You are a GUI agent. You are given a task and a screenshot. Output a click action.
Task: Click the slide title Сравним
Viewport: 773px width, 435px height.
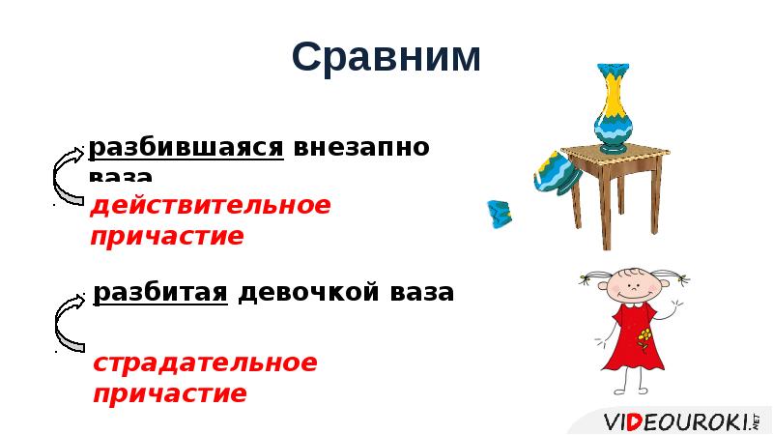pos(386,58)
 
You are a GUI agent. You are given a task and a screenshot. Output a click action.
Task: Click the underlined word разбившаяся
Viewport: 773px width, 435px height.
pos(186,148)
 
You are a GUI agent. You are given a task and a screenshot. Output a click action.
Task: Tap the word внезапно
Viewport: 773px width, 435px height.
pos(361,148)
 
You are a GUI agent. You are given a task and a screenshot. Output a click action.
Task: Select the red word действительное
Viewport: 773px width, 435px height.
pos(210,206)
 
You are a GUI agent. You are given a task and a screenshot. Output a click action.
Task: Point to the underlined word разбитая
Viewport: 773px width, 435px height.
pos(160,292)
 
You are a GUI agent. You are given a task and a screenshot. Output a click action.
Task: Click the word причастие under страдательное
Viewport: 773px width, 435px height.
pos(169,394)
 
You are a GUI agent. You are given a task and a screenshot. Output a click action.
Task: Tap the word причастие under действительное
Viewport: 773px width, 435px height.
pos(167,237)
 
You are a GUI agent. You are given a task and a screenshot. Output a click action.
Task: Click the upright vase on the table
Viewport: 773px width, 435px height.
pos(612,108)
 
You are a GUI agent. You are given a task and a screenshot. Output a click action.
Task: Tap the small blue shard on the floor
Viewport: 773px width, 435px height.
pos(499,213)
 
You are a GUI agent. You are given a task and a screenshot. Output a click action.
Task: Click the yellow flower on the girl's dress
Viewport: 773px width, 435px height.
pos(644,337)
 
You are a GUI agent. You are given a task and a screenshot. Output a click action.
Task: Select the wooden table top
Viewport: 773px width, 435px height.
pos(615,156)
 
